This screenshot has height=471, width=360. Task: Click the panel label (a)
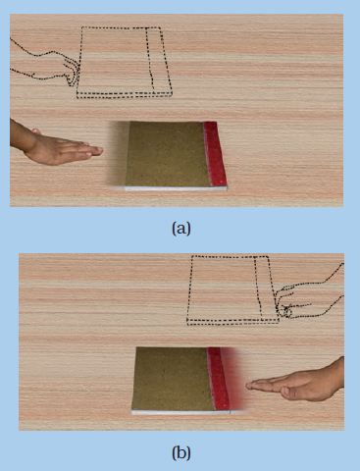point(181,228)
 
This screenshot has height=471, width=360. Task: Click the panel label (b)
point(181,453)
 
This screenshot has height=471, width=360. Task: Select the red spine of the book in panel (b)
point(219,379)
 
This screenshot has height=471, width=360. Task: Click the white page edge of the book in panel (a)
point(176,188)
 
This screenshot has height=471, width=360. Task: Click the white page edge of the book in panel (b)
point(180,412)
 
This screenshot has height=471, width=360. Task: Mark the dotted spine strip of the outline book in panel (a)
point(159,61)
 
